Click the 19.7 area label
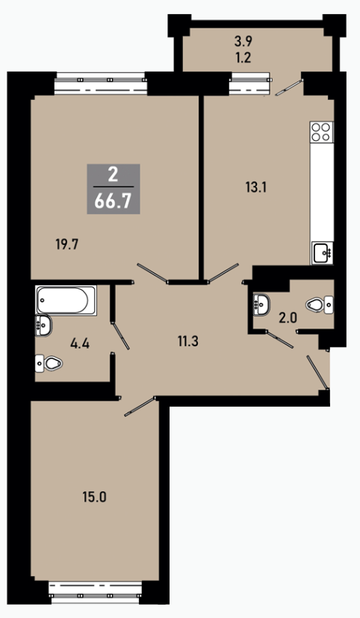67,245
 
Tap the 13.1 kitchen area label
256,187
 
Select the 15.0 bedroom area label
95,497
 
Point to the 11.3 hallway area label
187,341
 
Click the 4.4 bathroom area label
80,343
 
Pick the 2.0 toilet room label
288,318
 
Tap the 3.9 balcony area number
243,40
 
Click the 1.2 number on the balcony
243,58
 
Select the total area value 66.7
114,202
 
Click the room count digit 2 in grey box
113,174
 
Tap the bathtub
66,300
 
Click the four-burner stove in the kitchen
321,132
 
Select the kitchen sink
323,252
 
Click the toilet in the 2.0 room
320,305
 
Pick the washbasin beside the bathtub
43,325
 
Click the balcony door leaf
289,87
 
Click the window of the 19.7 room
101,83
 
